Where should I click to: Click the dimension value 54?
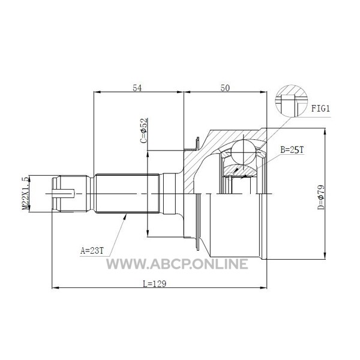coord(137,88)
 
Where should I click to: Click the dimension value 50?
coord(225,88)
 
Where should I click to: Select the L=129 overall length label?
coord(154,284)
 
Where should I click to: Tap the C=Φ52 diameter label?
coord(144,131)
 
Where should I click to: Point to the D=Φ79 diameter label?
coord(321,197)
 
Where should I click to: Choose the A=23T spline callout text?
coord(92,250)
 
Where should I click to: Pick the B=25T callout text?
coord(292,150)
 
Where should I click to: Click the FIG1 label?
coord(320,109)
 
